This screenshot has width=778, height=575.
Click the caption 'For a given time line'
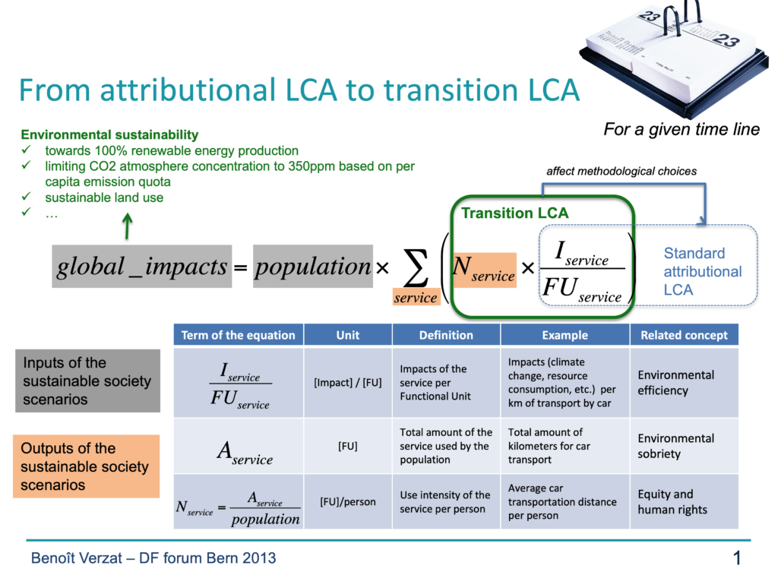click(682, 130)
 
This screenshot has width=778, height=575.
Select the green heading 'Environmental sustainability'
click(109, 135)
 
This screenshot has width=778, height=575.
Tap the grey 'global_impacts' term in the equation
click(141, 267)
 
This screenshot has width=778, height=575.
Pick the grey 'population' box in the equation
click(312, 267)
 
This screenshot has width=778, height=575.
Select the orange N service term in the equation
click(483, 269)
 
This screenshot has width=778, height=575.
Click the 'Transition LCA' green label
click(514, 213)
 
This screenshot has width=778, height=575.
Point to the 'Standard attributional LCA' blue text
click(702, 271)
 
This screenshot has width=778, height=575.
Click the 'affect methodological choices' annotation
click(621, 172)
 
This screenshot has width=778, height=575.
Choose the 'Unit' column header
click(347, 335)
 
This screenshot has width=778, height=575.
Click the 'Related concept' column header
click(683, 335)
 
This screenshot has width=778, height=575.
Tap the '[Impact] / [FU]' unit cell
click(347, 383)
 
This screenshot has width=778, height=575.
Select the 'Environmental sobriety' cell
click(675, 446)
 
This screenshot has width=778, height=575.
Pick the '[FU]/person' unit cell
click(347, 501)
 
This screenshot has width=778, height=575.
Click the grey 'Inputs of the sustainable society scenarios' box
click(87, 381)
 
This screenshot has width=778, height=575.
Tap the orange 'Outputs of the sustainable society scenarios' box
click(86, 466)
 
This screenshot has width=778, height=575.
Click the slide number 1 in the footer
click(736, 559)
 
